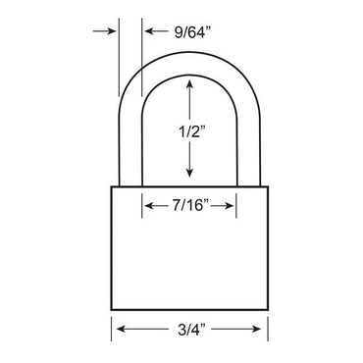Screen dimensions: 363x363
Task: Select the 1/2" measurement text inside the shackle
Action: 190,131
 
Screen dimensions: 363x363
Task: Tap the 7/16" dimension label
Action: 190,206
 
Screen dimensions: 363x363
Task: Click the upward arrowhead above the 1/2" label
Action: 190,86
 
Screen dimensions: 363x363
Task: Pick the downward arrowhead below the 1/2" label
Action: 190,177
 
